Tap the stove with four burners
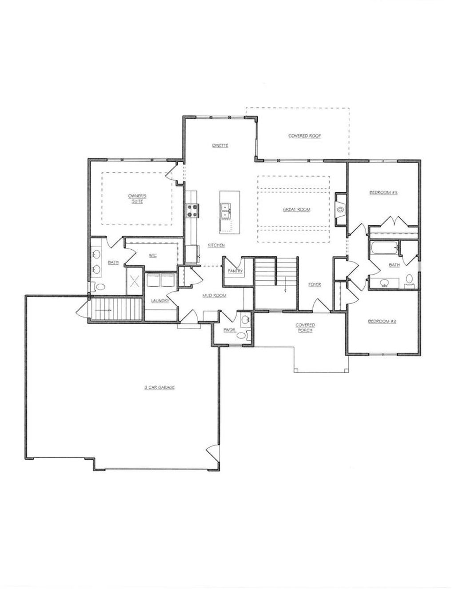pos(193,210)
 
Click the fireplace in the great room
pos(341,209)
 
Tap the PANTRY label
pos(234,271)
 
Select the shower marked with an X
pos(135,281)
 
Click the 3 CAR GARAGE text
pos(160,387)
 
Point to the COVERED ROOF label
pos(304,136)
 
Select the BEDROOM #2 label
pos(382,321)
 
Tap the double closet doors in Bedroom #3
pos(394,221)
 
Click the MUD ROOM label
pos(214,295)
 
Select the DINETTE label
pos(220,145)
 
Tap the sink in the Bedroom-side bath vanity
pos(384,282)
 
